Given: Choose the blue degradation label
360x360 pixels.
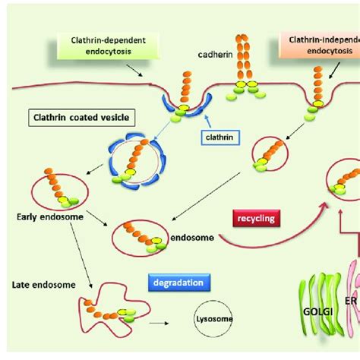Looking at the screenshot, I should (x=172, y=281).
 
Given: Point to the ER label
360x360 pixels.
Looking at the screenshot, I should (x=351, y=322).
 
